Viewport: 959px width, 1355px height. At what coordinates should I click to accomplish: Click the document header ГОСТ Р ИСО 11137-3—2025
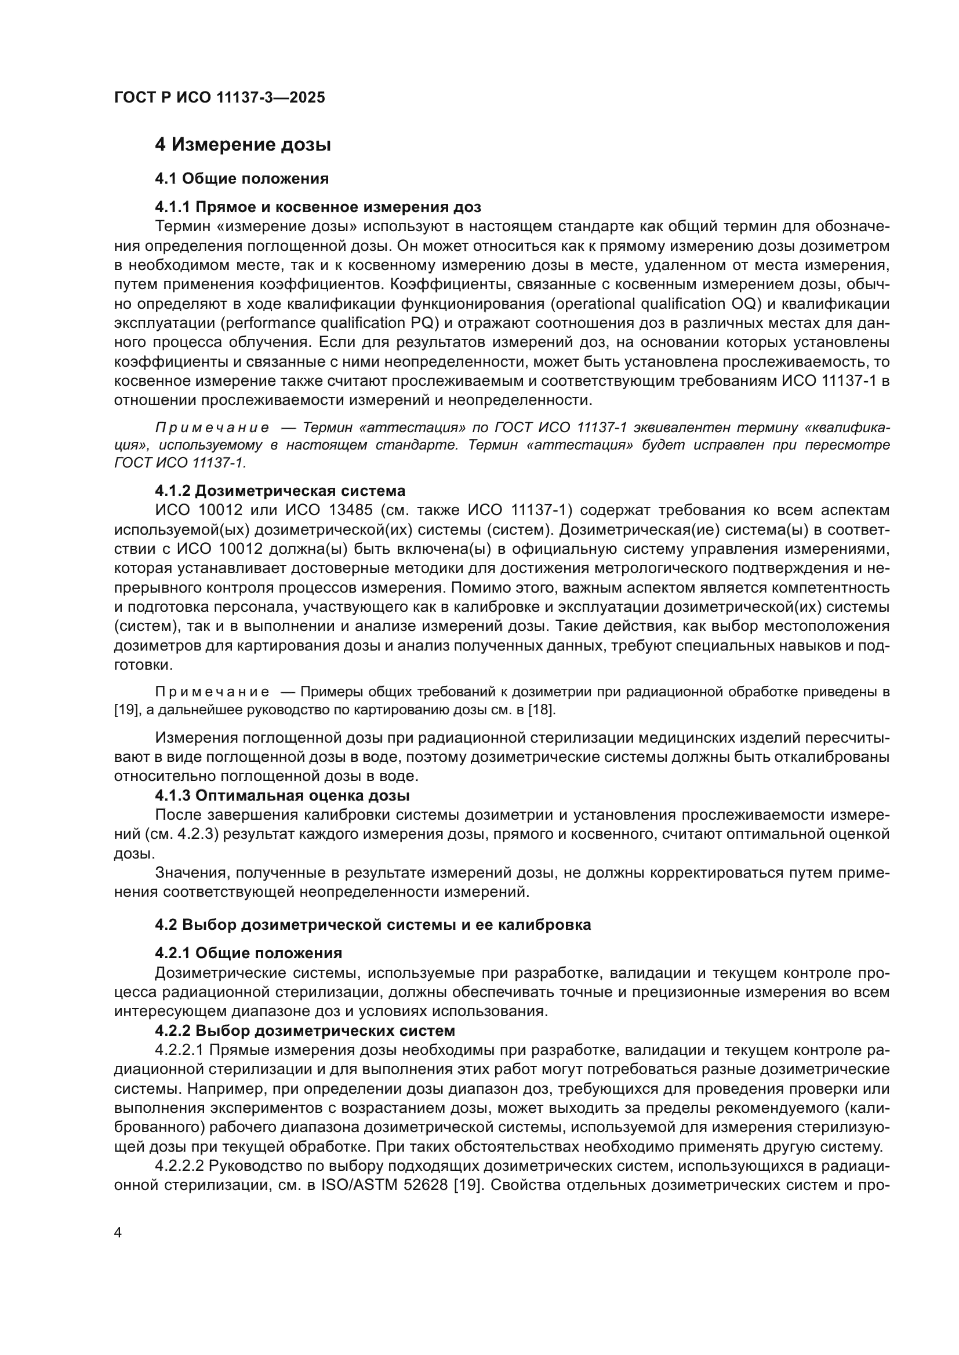219,97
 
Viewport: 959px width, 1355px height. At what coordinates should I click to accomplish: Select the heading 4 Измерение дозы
243,145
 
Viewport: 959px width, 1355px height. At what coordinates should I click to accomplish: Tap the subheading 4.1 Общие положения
242,178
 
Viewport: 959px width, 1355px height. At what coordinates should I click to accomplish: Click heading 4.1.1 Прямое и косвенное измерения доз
318,207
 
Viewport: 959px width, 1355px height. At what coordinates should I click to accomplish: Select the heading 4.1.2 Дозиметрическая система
280,491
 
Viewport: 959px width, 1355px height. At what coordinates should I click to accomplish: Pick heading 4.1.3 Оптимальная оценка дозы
282,795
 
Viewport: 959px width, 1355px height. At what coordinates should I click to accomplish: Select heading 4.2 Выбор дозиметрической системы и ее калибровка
373,925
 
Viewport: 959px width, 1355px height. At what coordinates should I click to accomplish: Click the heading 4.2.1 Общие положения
248,953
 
